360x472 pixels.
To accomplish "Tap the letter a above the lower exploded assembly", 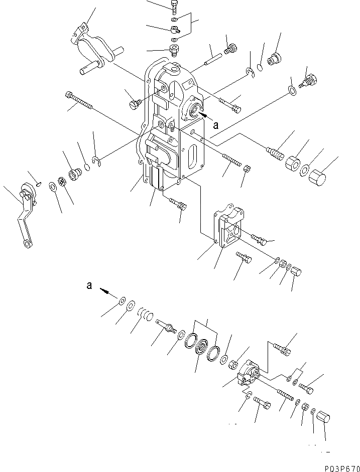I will pyautogui.click(x=89, y=286).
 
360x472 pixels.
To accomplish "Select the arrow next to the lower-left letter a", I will pyautogui.click(x=105, y=290).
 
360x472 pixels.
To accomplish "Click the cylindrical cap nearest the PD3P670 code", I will pyautogui.click(x=323, y=417).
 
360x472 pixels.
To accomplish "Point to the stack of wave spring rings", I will pyautogui.click(x=146, y=315).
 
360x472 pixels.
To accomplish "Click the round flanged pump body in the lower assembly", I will pyautogui.click(x=248, y=373).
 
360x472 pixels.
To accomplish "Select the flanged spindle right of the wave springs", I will pyautogui.click(x=165, y=326).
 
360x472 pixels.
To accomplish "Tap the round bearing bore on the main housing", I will pyautogui.click(x=194, y=110).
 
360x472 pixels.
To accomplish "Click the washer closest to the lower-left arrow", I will pyautogui.click(x=122, y=301).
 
